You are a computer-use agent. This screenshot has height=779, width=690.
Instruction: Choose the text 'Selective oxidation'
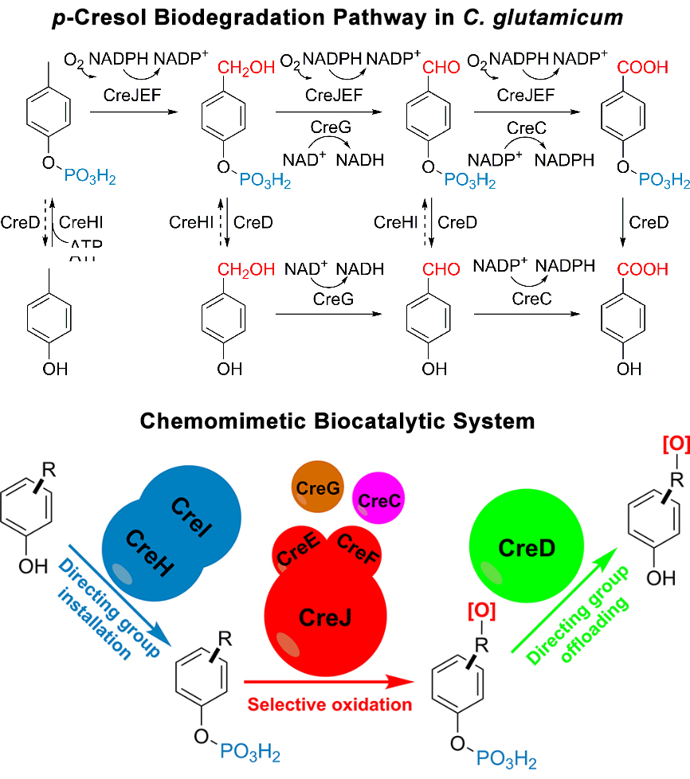(330, 704)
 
